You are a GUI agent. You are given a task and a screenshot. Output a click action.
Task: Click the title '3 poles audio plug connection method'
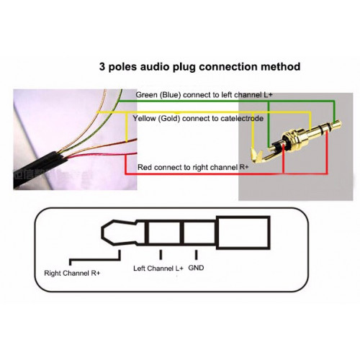pyautogui.click(x=199, y=67)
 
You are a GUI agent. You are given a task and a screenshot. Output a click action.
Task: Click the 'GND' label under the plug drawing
pyautogui.click(x=196, y=268)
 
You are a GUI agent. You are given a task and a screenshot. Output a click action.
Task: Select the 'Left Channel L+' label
pyautogui.click(x=158, y=268)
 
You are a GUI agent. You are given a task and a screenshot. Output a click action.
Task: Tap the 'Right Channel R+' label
pyautogui.click(x=72, y=273)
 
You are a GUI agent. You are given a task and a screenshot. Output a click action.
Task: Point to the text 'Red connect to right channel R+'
pyautogui.click(x=193, y=167)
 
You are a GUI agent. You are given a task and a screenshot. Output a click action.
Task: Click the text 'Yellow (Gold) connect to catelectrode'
pyautogui.click(x=198, y=118)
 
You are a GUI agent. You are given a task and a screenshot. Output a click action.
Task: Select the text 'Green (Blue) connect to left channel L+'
pyautogui.click(x=204, y=95)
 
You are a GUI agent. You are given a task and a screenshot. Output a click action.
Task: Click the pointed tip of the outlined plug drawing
pyautogui.click(x=102, y=233)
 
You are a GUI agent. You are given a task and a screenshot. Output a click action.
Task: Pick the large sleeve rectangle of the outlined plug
pyautogui.click(x=243, y=233)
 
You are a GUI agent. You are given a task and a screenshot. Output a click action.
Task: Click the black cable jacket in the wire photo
pyautogui.click(x=38, y=167)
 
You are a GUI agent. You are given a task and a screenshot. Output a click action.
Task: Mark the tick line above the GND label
pyautogui.click(x=196, y=255)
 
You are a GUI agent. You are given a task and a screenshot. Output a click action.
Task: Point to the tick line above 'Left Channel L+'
pyautogui.click(x=161, y=255)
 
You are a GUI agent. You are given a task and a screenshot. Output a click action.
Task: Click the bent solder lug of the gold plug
pyautogui.click(x=257, y=156)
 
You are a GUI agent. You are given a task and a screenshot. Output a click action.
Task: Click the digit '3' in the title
pyautogui.click(x=102, y=66)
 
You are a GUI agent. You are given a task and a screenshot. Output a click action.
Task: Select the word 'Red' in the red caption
pyautogui.click(x=144, y=167)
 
